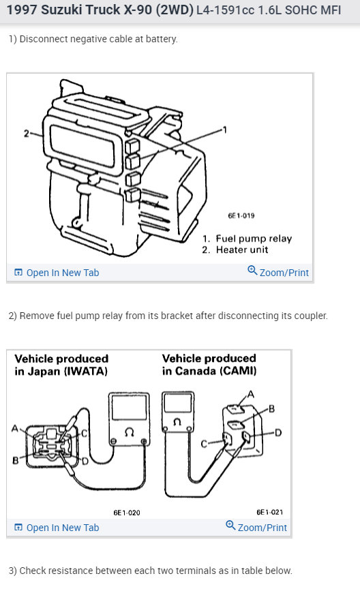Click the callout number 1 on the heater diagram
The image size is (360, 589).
(x=225, y=130)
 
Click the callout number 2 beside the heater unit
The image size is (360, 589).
(x=27, y=134)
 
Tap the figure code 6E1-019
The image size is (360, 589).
(x=241, y=215)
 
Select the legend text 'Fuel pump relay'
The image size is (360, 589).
(x=254, y=239)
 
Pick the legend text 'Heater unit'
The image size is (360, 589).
(x=242, y=250)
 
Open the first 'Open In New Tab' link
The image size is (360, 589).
(x=57, y=273)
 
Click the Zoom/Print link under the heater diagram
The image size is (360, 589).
(x=278, y=272)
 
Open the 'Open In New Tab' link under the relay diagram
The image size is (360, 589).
(x=57, y=528)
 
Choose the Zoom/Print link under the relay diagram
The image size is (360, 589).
(x=256, y=527)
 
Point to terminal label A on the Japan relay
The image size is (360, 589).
(x=15, y=428)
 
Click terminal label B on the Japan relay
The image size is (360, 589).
(x=16, y=460)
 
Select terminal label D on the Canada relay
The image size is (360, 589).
(x=278, y=433)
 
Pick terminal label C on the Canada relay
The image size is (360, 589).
(x=204, y=444)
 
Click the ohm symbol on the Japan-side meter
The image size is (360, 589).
(x=129, y=433)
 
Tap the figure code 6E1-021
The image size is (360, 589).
(x=270, y=512)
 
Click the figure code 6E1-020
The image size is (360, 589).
(x=127, y=513)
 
